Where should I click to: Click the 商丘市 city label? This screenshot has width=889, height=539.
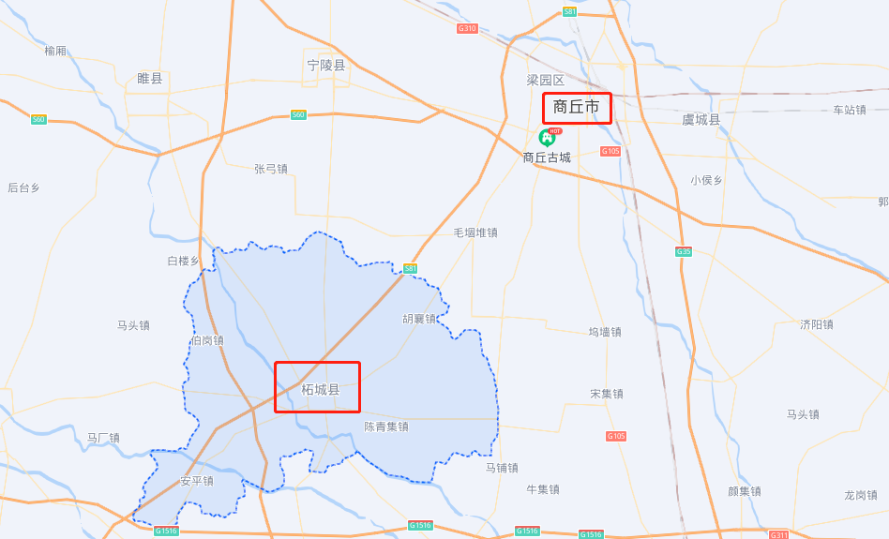(x=576, y=108)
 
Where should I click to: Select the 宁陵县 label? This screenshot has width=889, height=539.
(x=326, y=66)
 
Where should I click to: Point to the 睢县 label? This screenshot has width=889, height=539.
(x=150, y=79)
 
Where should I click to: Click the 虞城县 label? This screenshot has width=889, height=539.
(x=701, y=120)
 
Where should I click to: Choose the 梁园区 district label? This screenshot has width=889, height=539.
(x=545, y=81)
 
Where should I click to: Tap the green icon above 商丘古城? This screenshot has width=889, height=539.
(x=547, y=138)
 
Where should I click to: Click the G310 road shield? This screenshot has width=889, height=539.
(x=467, y=29)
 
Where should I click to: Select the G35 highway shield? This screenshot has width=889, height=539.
(x=683, y=251)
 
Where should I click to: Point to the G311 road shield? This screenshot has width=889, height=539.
(x=778, y=534)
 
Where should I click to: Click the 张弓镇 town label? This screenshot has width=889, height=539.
(x=271, y=169)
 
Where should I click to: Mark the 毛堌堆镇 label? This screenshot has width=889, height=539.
(x=475, y=232)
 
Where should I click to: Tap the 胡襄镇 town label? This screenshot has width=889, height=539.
(x=419, y=319)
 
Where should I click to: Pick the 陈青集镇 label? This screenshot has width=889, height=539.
(x=386, y=427)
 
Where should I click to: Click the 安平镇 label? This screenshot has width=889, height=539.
(x=197, y=481)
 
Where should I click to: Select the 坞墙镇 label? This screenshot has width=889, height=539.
(x=605, y=332)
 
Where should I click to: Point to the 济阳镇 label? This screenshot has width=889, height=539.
(x=817, y=324)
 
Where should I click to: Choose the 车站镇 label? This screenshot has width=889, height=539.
(x=850, y=110)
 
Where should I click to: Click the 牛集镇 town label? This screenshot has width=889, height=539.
(x=543, y=489)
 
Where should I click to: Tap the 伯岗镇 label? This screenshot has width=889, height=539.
(x=207, y=340)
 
